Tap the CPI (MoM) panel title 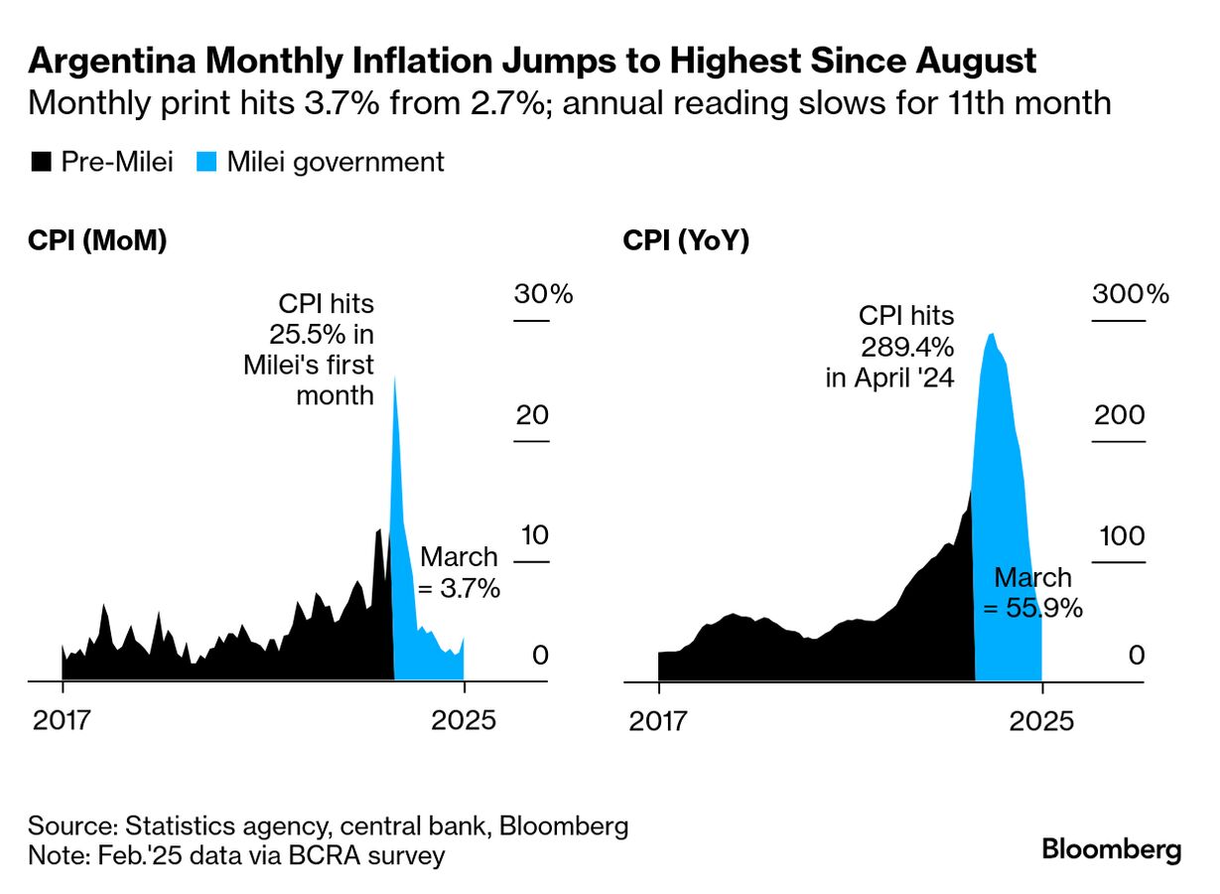(97, 241)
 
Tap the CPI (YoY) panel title (686, 241)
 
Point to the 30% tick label (543, 295)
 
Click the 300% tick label (1131, 295)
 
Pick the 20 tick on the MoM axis (531, 416)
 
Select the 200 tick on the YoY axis (1119, 416)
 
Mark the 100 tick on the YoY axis (1119, 536)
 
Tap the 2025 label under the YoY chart (1041, 720)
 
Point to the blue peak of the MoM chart (395, 378)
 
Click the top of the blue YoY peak (992, 334)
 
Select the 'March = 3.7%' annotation (459, 572)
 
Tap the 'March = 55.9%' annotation (1031, 593)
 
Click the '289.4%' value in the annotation (906, 347)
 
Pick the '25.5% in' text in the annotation (322, 334)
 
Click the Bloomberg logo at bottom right (1111, 850)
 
